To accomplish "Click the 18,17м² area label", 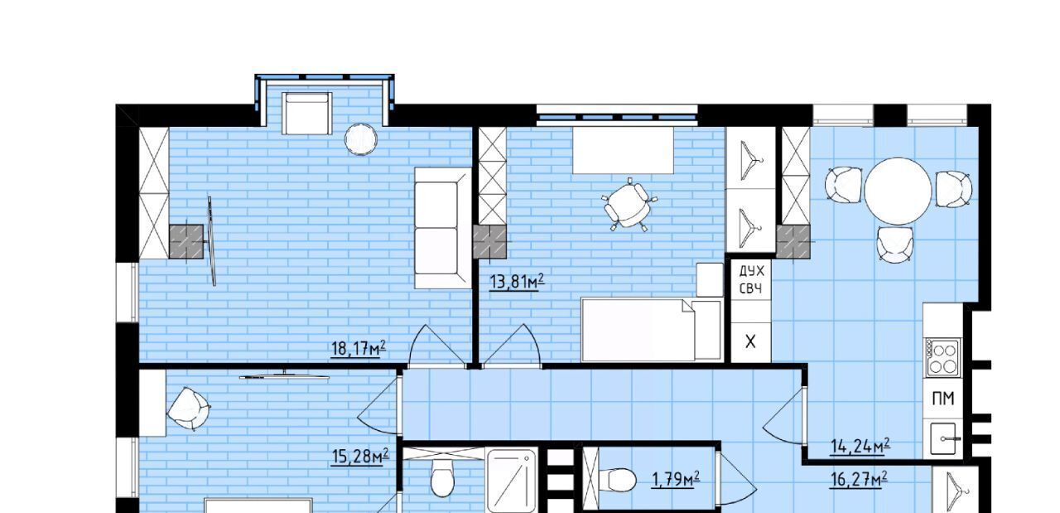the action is [359, 349].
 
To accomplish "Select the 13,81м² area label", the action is [517, 282].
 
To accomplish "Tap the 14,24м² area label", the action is [860, 446].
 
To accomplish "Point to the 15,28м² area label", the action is [360, 457].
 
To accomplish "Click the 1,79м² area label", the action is [675, 479].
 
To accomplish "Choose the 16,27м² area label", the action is [859, 479].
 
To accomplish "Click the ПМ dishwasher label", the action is [943, 399].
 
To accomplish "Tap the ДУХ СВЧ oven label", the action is [751, 279].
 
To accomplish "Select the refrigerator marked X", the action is [750, 342].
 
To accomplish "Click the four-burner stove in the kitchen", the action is [943, 358].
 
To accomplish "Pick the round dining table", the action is [898, 191].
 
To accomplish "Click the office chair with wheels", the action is [628, 205].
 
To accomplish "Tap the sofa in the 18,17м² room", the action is [442, 228].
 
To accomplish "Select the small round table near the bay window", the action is [361, 139].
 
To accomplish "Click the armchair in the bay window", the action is [306, 114].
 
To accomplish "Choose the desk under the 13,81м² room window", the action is [624, 150].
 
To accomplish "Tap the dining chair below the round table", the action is [894, 244].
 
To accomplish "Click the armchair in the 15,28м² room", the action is [189, 409].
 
